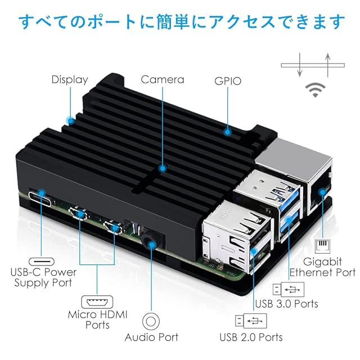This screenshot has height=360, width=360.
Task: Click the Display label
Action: point(70,79)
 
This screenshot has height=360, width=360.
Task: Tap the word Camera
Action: point(162,79)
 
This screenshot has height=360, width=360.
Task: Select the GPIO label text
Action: point(228,81)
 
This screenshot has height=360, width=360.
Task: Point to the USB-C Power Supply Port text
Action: point(43,277)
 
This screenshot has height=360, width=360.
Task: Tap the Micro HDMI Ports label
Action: point(97,319)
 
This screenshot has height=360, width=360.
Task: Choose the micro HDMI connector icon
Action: point(97,301)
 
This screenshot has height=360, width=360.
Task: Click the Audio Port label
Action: point(151,337)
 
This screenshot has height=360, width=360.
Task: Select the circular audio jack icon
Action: point(151,321)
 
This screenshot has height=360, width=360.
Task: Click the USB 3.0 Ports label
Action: point(286,304)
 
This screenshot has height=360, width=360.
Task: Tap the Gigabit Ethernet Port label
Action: point(322,267)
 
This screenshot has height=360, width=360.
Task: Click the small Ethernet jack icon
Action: point(322,246)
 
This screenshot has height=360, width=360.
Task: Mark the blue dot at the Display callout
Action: point(70,120)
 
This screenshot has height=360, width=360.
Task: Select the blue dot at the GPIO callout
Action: point(228,132)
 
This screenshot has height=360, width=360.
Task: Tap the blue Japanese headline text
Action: point(180,22)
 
